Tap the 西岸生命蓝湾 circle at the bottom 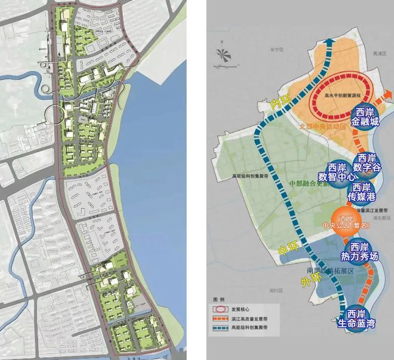356,319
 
